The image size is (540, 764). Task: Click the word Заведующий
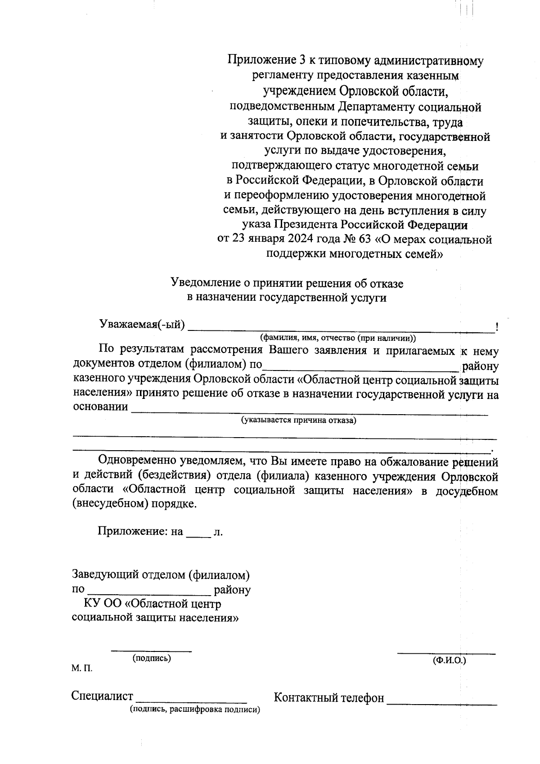click(106, 575)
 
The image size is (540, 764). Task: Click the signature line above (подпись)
click(151, 650)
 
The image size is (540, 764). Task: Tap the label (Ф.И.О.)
click(449, 660)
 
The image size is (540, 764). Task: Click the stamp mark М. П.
click(81, 669)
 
